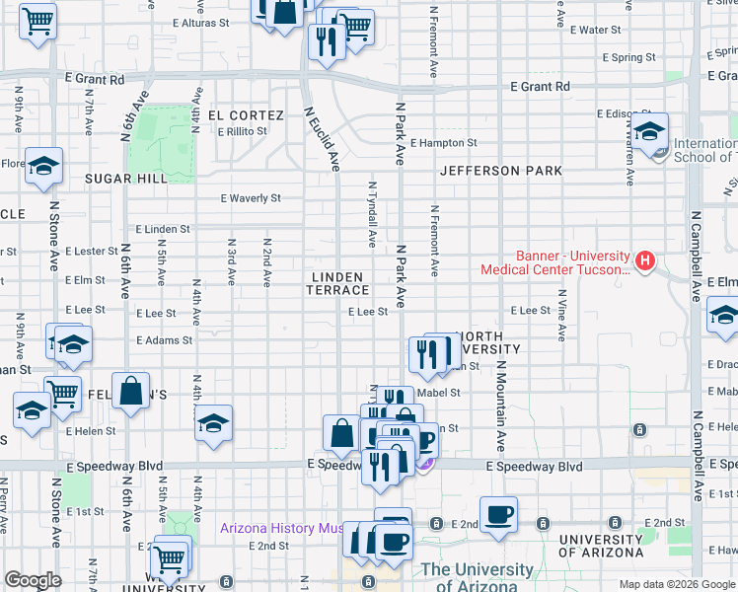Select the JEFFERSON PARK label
(501, 171)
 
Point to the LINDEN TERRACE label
(338, 284)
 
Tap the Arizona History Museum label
(284, 529)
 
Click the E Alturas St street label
(201, 23)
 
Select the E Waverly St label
(251, 198)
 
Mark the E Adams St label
(164, 340)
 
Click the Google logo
(33, 581)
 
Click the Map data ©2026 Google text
(676, 584)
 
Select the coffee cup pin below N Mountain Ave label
(498, 515)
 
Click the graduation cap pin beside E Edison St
(651, 131)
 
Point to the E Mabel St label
(440, 393)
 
